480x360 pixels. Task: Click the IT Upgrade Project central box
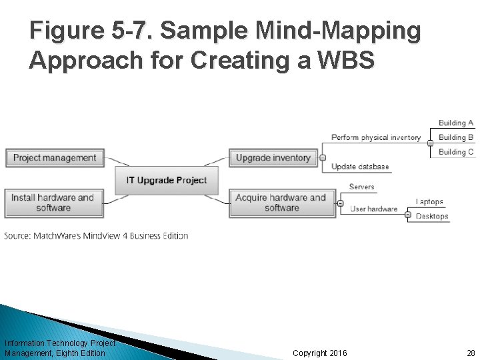coord(167,180)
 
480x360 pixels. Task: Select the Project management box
coord(55,158)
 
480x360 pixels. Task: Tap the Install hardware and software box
coord(53,203)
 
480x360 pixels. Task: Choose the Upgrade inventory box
coord(273,158)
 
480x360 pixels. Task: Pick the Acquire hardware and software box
coord(281,203)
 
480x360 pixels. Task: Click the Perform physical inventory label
coord(376,138)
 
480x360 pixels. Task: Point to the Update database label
coord(360,167)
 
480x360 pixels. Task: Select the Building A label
coord(456,123)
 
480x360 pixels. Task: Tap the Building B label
coord(456,137)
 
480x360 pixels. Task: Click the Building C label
coord(456,152)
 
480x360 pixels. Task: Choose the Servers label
coord(362,187)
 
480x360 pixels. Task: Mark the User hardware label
coord(374,209)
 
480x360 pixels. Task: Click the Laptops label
coord(429,201)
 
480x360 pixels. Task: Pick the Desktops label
coord(432,216)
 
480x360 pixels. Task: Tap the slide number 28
coord(471,353)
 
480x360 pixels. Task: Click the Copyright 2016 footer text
coord(320,353)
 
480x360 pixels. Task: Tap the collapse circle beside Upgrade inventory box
coord(323,158)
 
